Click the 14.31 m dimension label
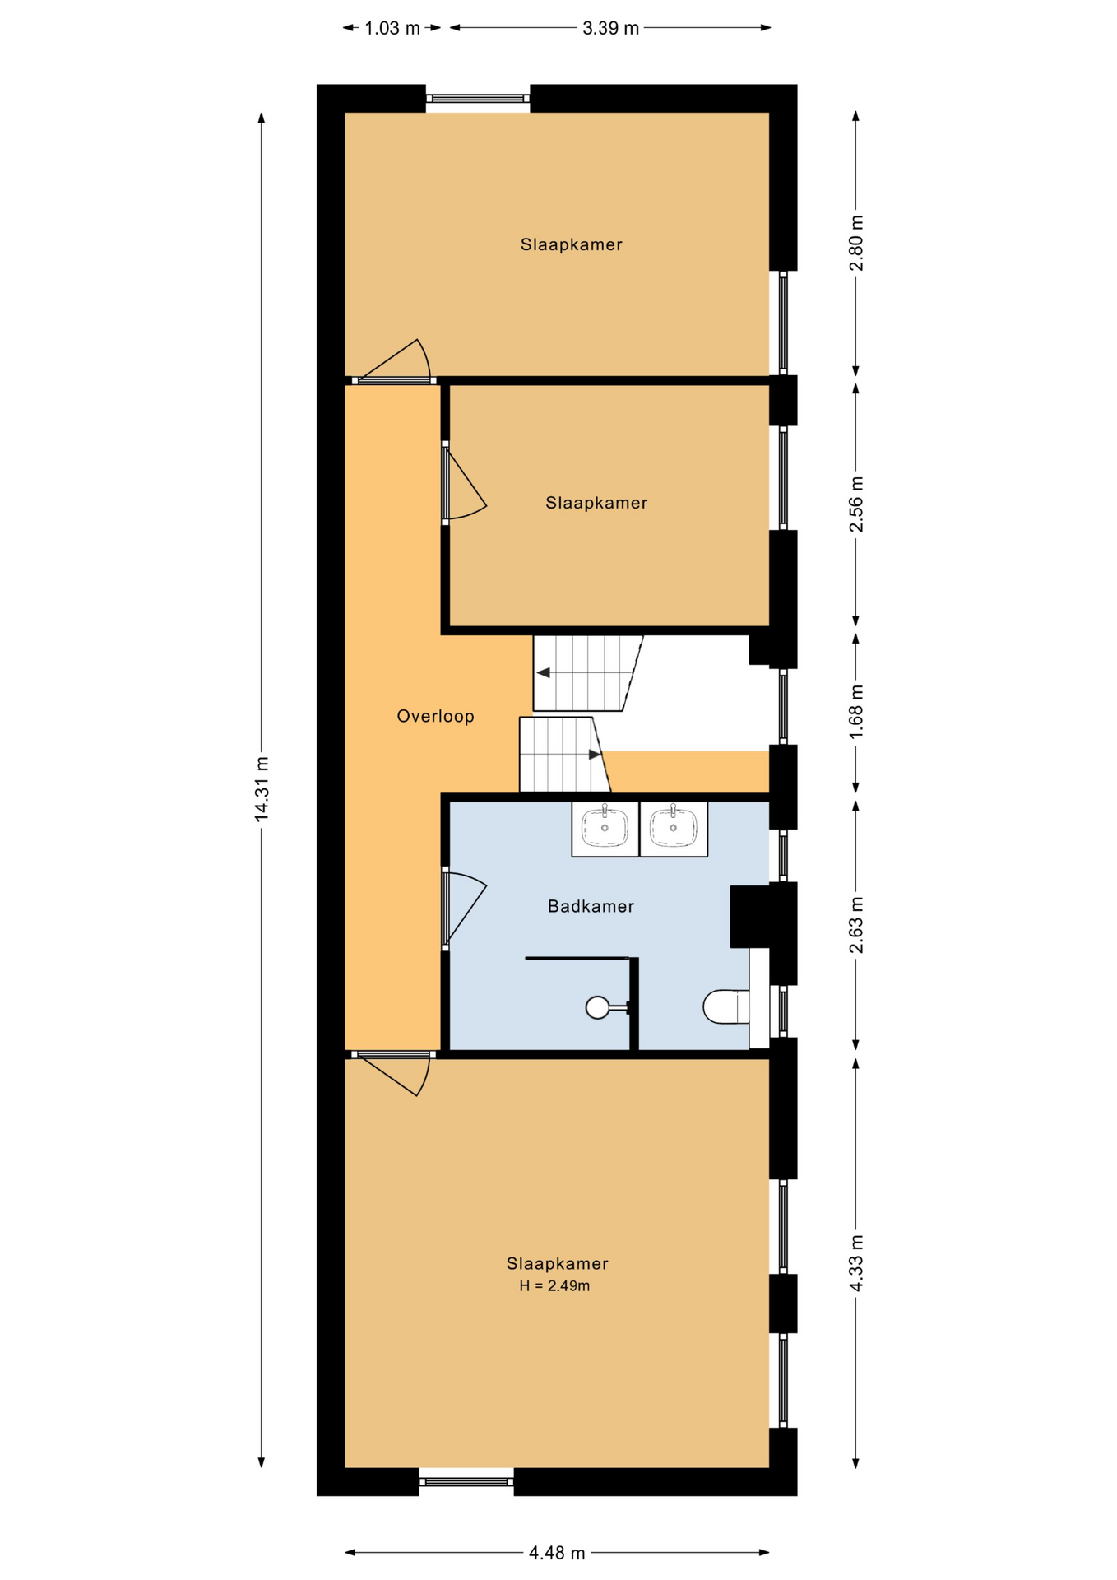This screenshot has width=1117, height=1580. [262, 788]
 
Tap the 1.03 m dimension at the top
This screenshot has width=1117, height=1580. [392, 28]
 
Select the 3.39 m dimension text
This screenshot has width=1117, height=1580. [610, 28]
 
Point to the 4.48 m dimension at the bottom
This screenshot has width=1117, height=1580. [557, 1553]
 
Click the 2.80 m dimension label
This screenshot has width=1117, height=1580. [856, 243]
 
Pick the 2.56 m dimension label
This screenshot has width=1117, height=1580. [856, 504]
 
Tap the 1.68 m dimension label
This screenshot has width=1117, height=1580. [856, 711]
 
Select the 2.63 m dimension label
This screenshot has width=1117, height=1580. [856, 926]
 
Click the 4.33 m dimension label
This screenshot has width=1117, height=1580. [856, 1262]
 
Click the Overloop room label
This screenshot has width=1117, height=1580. [435, 716]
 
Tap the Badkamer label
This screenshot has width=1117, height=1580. [591, 906]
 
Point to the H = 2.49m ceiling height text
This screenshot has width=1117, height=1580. [554, 1286]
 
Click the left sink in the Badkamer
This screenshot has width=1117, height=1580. [605, 829]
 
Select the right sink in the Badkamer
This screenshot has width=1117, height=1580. [674, 829]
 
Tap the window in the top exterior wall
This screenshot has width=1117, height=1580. [478, 99]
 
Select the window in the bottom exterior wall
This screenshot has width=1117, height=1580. [466, 1482]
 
